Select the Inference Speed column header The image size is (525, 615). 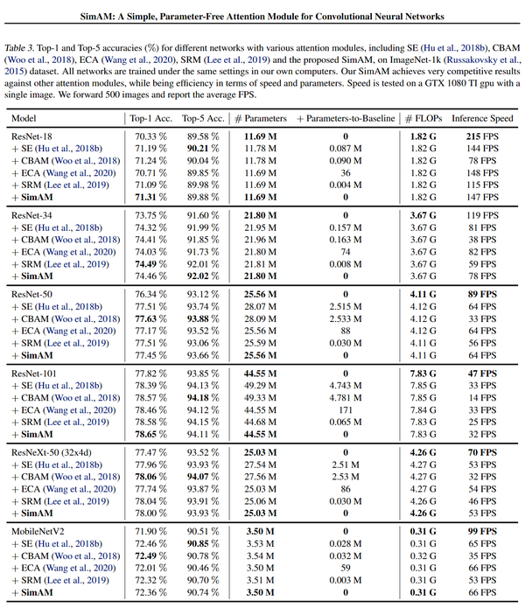[482, 117]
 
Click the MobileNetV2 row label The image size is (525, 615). [40, 530]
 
